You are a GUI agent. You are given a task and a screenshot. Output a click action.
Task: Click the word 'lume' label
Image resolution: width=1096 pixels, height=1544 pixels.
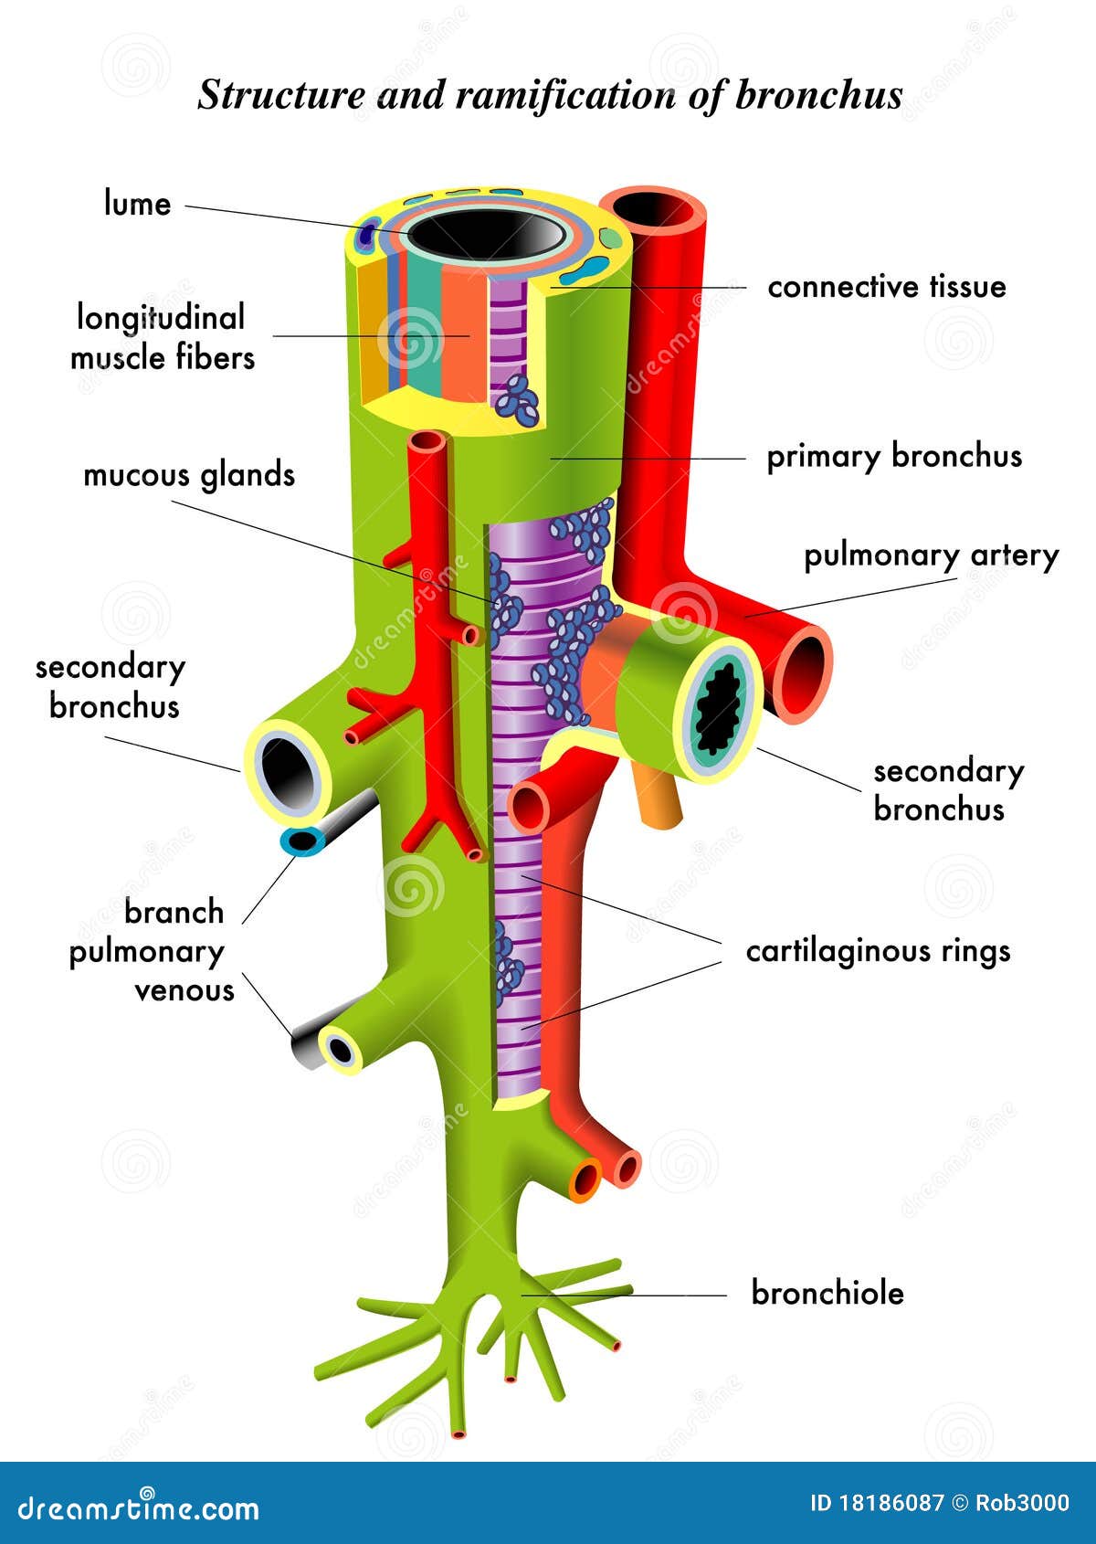tap(137, 203)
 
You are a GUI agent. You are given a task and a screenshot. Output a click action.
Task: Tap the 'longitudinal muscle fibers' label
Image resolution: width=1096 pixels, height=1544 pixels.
tap(162, 337)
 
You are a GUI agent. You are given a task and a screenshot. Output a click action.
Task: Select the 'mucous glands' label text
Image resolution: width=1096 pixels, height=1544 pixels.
tap(189, 475)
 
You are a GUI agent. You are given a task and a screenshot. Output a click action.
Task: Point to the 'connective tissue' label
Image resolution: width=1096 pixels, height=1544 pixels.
tap(886, 287)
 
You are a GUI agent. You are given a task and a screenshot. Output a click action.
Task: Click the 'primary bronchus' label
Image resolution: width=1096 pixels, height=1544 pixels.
tap(893, 456)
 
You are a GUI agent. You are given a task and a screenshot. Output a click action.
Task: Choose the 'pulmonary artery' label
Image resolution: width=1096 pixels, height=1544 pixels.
tap(931, 555)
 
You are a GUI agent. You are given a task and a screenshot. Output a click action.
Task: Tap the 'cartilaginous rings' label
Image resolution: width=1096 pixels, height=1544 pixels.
tap(878, 951)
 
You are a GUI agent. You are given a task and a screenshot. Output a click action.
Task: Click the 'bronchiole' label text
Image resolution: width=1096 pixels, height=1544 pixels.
tap(827, 1293)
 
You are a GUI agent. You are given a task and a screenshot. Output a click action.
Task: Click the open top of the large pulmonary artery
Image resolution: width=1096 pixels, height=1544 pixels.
tap(654, 209)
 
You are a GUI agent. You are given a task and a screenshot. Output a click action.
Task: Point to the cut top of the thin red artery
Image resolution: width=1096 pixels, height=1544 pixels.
tap(427, 442)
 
